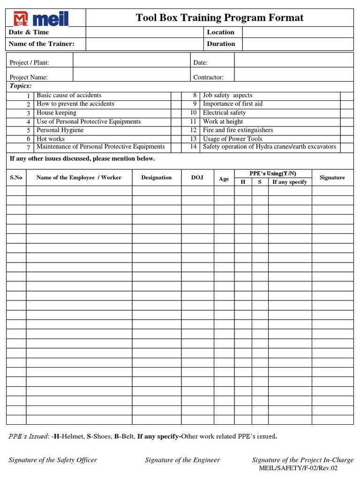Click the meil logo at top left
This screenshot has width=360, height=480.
click(46, 18)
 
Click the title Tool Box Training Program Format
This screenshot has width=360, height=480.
click(219, 18)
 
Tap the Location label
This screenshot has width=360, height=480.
click(220, 32)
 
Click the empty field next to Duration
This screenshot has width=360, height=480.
click(297, 44)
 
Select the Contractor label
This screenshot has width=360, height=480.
click(208, 77)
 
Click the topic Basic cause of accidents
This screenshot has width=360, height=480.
click(69, 95)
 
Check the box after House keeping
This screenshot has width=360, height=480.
click(176, 113)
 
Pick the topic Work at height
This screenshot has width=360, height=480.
click(223, 121)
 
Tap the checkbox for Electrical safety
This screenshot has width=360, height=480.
click(346, 113)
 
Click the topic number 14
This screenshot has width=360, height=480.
click(193, 147)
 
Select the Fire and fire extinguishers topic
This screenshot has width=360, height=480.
click(238, 130)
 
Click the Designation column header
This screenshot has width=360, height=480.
click(157, 178)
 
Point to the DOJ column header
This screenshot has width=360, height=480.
click(197, 178)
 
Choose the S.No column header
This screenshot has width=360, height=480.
click(16, 178)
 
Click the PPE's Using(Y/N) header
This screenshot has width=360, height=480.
click(273, 173)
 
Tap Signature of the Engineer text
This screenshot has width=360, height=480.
click(182, 460)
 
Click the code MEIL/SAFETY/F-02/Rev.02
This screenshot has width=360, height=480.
click(298, 468)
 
